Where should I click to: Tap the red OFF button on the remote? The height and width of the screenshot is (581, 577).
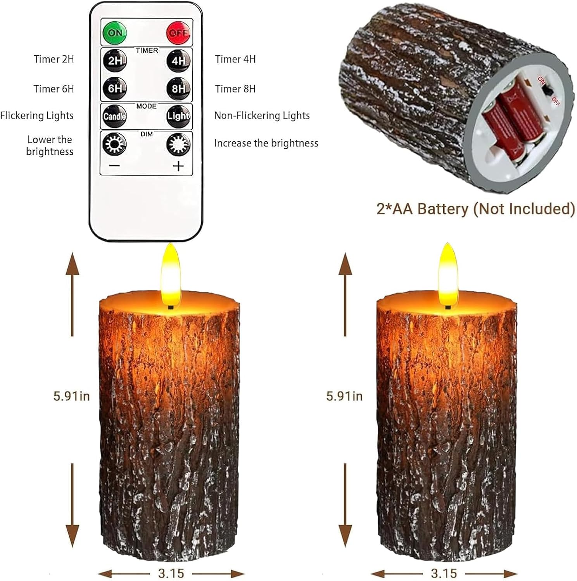178,33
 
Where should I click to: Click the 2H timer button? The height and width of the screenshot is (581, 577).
115,60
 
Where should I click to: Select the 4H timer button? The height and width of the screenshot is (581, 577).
178,60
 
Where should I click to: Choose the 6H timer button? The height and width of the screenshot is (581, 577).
115,88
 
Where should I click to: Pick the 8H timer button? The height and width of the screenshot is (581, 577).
178,88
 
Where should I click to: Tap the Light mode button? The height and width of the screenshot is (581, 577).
178,116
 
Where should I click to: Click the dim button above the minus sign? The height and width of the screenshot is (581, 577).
114,144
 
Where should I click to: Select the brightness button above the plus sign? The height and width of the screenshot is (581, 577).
178,144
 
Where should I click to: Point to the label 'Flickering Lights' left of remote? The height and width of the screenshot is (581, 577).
37,115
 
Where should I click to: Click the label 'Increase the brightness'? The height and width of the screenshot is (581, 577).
266,143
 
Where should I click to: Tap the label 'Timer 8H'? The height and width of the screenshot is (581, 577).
235,89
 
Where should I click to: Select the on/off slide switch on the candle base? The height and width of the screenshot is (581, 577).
548,91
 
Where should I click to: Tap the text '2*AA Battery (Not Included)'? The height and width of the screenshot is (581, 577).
475,209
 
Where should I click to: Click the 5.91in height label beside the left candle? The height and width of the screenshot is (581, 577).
71,396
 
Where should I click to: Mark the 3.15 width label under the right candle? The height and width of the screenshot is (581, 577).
444,573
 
